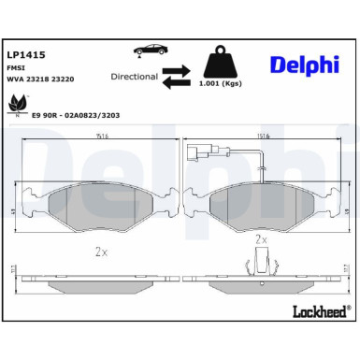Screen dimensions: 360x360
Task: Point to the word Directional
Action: coord(134,76)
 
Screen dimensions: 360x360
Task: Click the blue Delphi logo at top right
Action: coord(305,65)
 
